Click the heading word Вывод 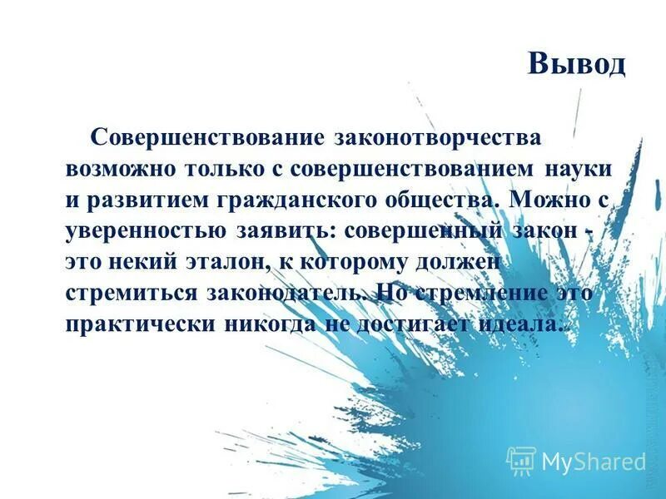coord(576,64)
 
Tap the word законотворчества coord(437,136)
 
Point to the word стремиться coord(133,293)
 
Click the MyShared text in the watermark coord(593,462)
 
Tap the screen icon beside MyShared coord(521,461)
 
